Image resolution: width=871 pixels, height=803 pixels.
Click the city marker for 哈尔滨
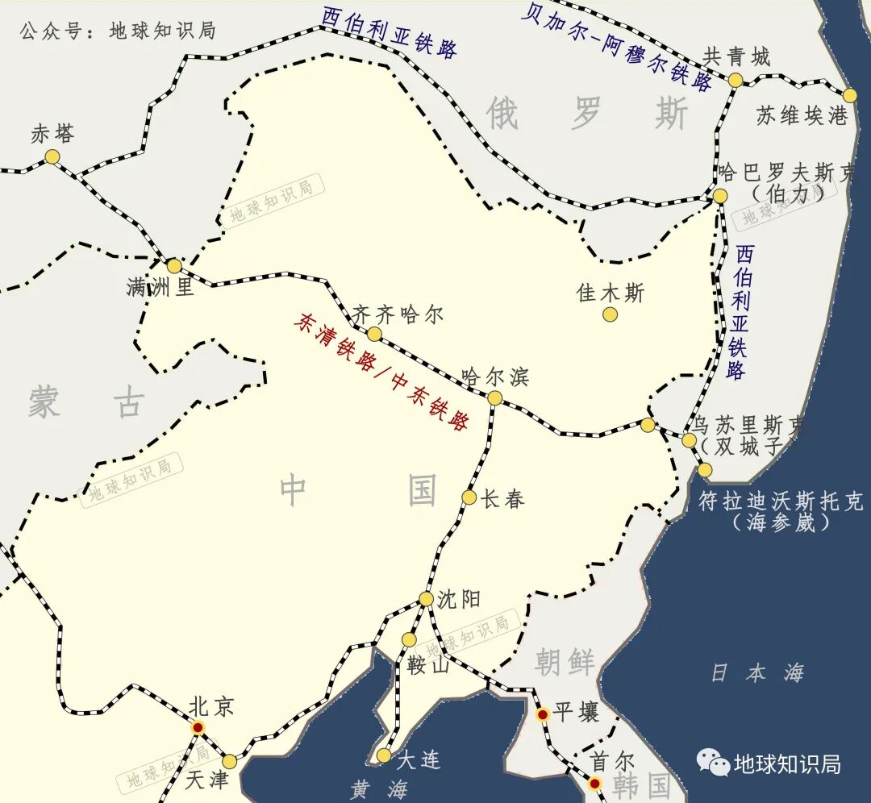point(495,397)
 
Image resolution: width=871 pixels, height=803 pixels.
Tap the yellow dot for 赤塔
point(52,156)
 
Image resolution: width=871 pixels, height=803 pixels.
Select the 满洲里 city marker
point(174,266)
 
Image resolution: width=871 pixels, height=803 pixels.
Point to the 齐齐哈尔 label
point(398,314)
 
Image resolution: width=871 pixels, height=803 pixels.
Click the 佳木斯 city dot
point(611,314)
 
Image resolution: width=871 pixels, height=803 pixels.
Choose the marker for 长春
point(469,497)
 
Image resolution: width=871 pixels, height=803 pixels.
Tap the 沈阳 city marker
point(426,598)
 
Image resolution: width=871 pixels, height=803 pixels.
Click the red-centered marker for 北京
point(198,727)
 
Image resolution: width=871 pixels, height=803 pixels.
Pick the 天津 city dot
point(230,761)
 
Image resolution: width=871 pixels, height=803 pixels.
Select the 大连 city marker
point(384,755)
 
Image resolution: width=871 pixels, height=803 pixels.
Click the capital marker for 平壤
point(543,714)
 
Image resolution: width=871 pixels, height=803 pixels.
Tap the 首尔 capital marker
point(594,783)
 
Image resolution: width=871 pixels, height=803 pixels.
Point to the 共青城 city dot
point(736,80)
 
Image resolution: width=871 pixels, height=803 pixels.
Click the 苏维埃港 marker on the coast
point(849,95)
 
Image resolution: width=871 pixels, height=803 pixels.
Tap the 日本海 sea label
point(756,673)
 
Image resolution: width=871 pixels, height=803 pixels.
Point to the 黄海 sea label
point(379,789)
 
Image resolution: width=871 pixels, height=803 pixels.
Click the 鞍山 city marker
point(410,640)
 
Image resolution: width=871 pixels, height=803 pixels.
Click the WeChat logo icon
point(713,761)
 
